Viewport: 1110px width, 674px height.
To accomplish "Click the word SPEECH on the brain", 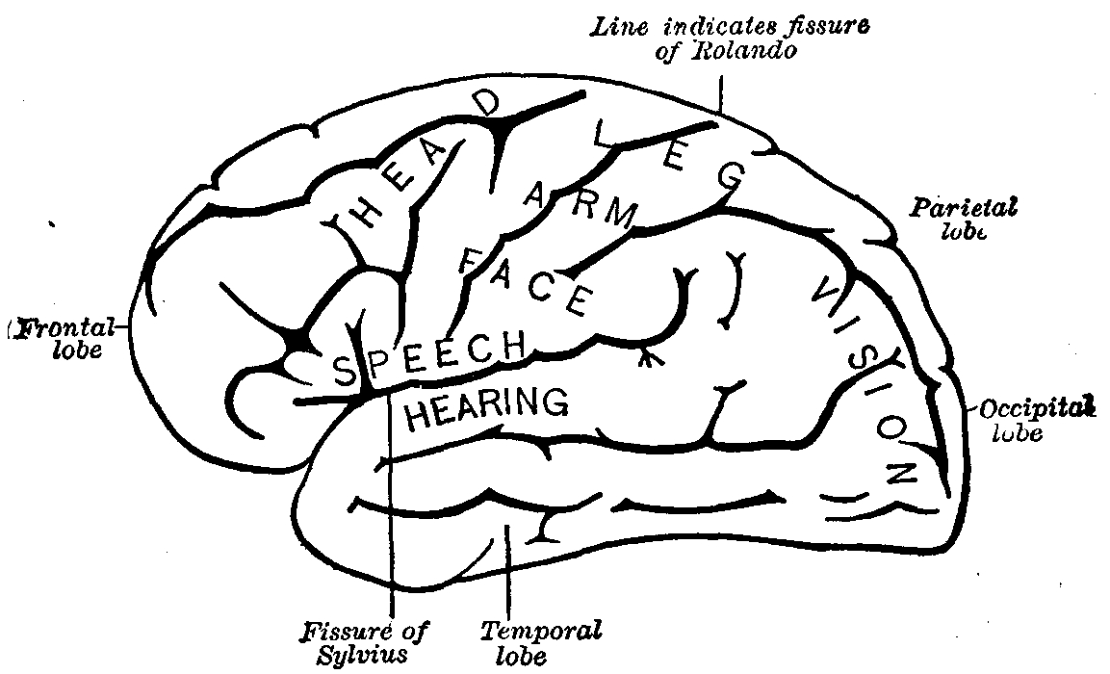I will point(428,354).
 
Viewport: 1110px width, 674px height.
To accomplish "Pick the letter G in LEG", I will point(732,175).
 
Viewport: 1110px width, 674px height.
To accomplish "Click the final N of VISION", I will point(900,473).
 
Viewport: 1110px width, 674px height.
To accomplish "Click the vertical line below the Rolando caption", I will point(719,91).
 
